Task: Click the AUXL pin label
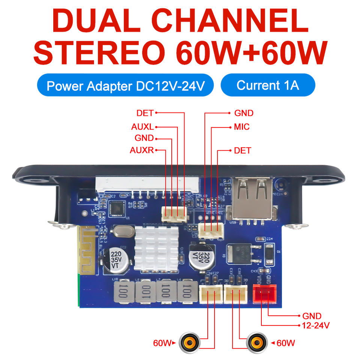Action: (142, 127)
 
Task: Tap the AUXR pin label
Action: (142, 151)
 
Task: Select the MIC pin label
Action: (241, 127)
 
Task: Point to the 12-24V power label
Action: (316, 325)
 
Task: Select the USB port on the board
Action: (251, 198)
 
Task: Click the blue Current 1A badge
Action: (268, 85)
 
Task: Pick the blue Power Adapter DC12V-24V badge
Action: (125, 86)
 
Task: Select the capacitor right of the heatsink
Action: (201, 256)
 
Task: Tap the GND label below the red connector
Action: (312, 316)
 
